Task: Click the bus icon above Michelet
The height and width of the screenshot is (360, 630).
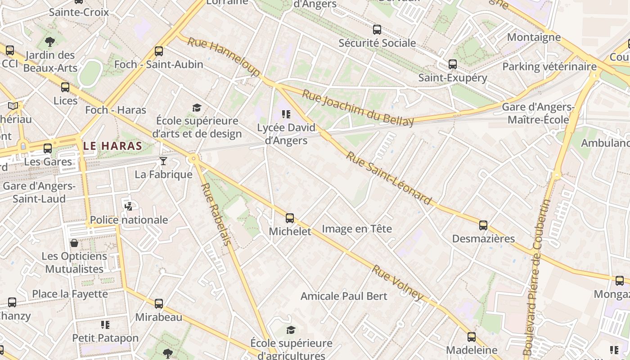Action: click(x=290, y=218)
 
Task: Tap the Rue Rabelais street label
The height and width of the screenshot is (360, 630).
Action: click(x=216, y=214)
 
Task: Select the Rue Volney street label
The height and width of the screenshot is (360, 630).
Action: click(x=397, y=283)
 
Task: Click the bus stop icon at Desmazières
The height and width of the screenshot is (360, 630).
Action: click(x=483, y=225)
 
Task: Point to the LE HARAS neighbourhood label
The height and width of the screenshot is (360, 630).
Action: click(x=113, y=146)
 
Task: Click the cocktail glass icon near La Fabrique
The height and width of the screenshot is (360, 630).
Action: click(x=163, y=161)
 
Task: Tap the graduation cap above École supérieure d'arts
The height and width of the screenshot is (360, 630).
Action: click(x=197, y=108)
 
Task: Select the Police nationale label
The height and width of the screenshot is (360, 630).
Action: click(x=129, y=220)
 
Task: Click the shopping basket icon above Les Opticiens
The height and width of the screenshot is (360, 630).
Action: click(x=74, y=243)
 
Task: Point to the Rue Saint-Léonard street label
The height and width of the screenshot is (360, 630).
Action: click(x=389, y=177)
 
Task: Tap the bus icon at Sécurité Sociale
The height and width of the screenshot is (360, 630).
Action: click(x=377, y=30)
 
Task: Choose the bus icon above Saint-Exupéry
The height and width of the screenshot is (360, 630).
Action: click(x=453, y=64)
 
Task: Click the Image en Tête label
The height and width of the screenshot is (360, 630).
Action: click(x=357, y=229)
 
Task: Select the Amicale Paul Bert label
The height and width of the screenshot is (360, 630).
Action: click(x=344, y=296)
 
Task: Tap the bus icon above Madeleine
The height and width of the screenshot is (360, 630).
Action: click(x=472, y=337)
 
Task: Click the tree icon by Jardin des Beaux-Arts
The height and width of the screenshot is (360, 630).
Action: click(x=50, y=42)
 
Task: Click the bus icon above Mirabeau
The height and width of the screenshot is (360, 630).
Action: click(x=159, y=304)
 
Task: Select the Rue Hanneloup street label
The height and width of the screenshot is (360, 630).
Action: click(x=224, y=57)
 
